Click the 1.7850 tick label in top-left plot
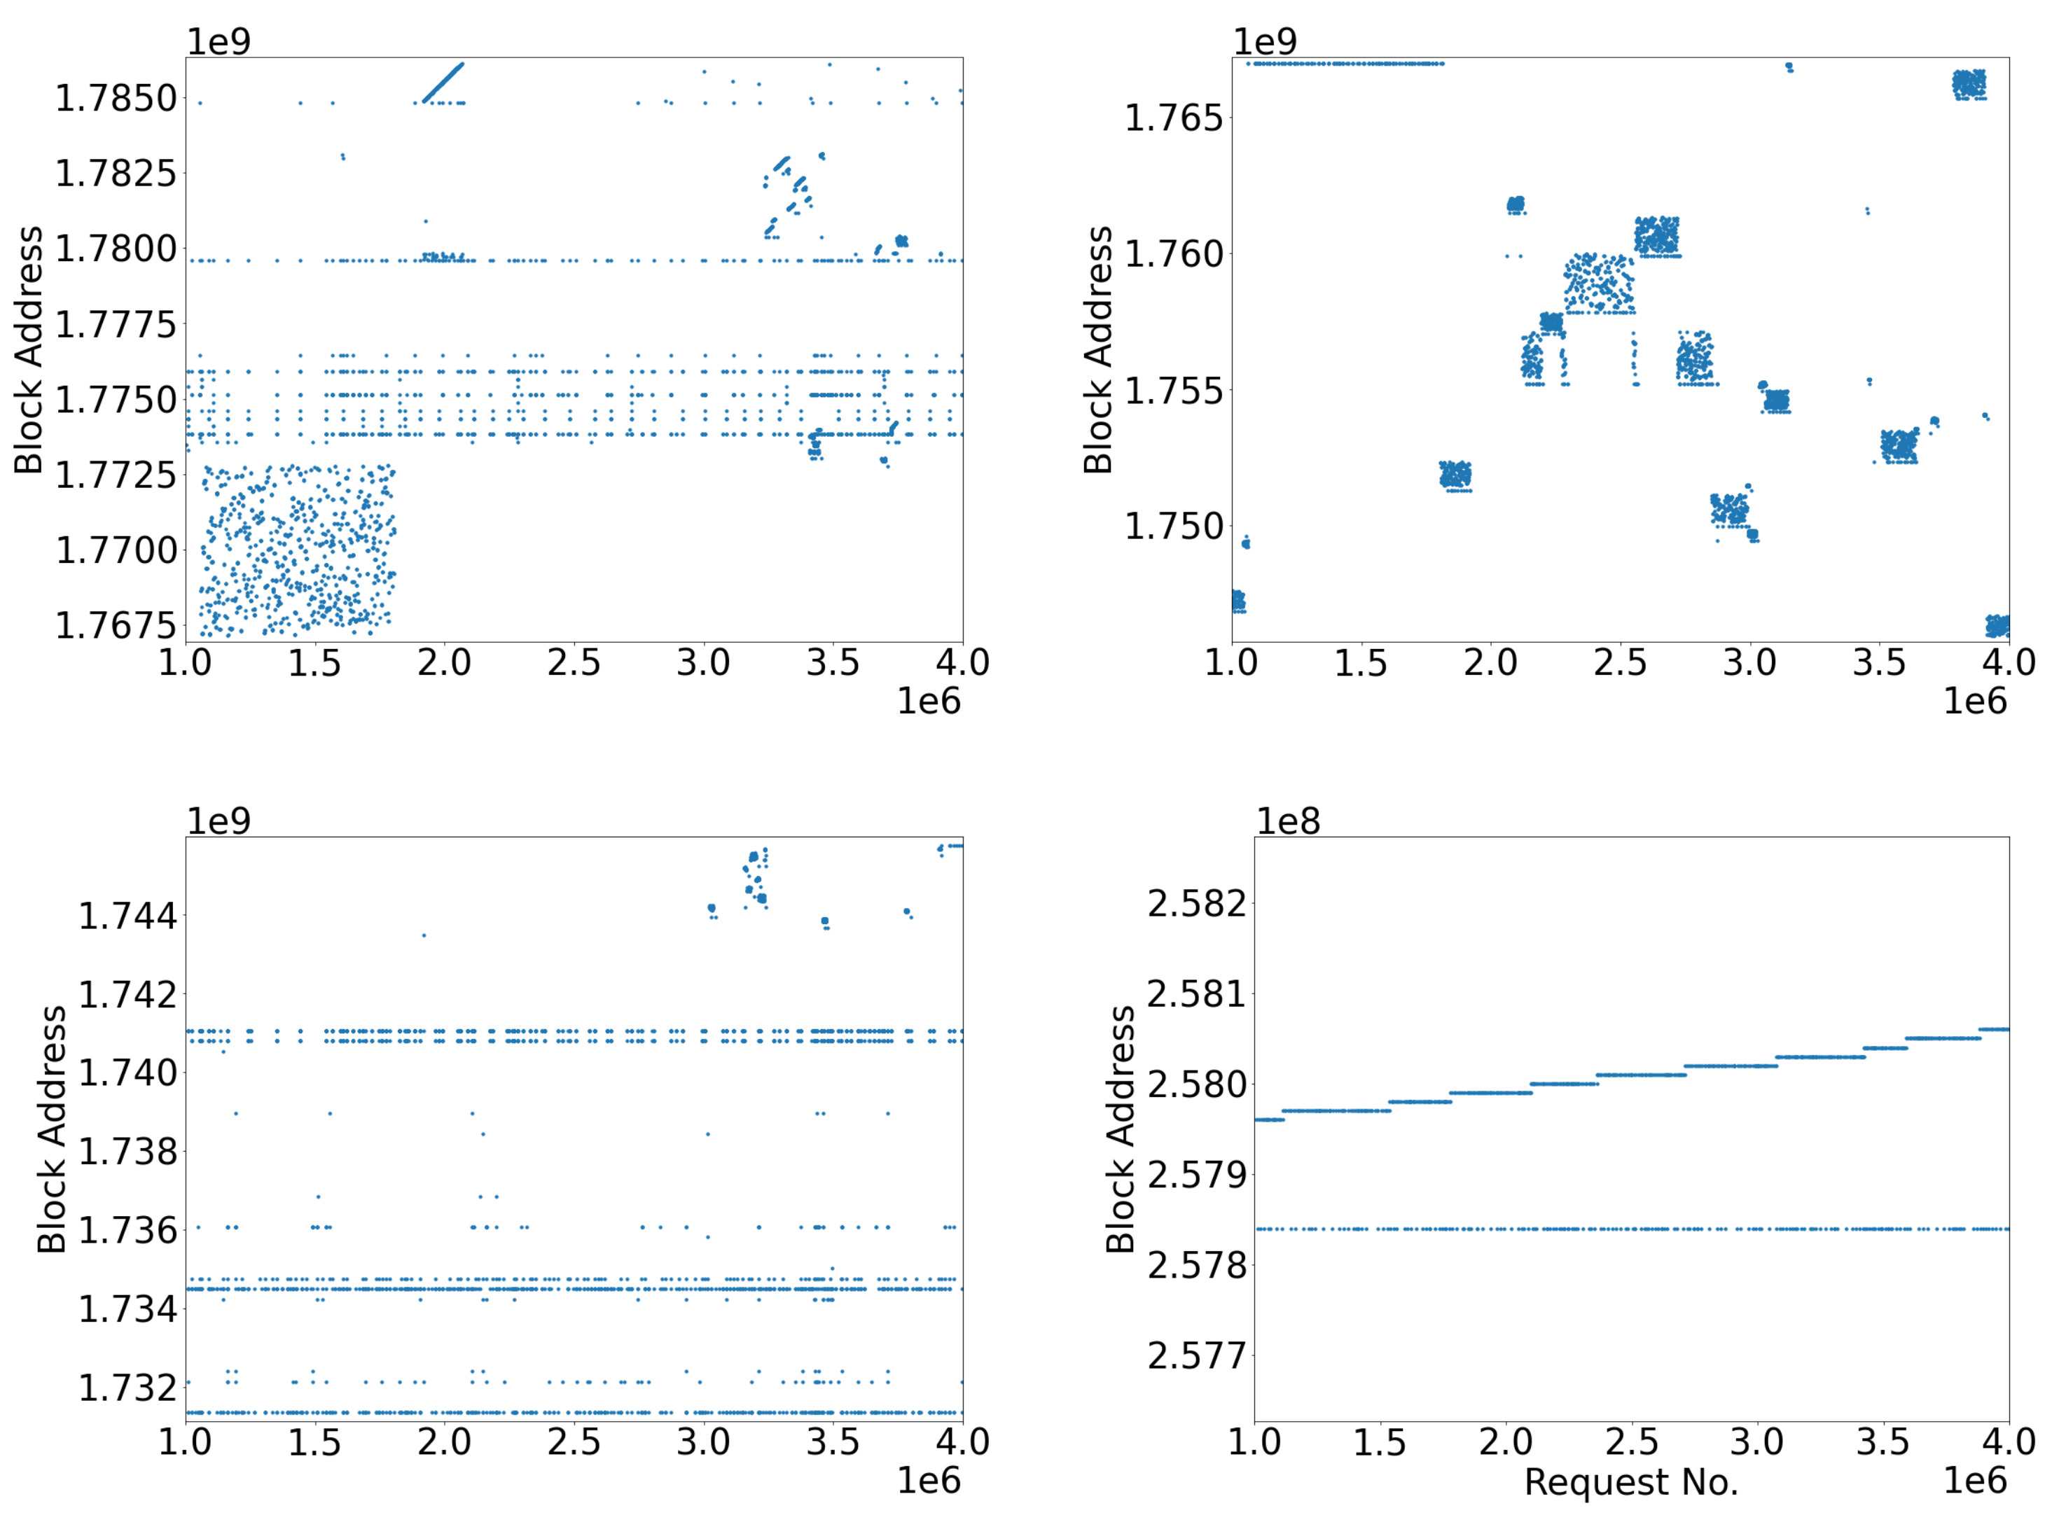(x=116, y=98)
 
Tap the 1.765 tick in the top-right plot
(x=1175, y=118)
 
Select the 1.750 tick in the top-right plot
(x=1175, y=527)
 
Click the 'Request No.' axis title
(x=1630, y=1482)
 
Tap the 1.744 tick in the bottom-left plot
(x=127, y=915)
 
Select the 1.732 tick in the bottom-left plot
(x=127, y=1388)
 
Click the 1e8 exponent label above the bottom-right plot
(x=1287, y=821)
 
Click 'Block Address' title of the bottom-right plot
(x=1121, y=1129)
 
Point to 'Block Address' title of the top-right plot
(x=1097, y=349)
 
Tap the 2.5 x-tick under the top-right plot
(x=1619, y=662)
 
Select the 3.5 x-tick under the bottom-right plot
(x=1882, y=1441)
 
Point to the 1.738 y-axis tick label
(x=127, y=1151)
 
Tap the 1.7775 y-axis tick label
(x=116, y=325)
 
